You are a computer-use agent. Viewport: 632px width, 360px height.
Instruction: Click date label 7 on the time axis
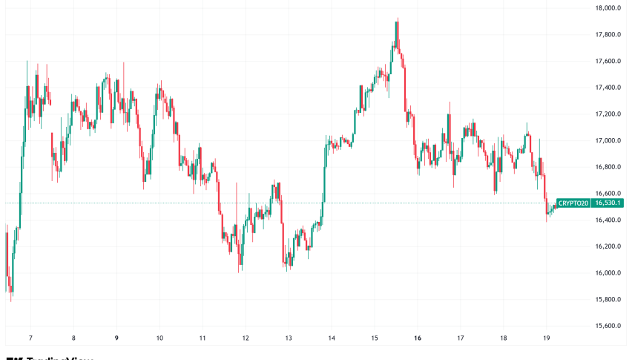coord(30,337)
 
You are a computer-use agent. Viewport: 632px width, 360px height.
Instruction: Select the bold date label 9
coord(116,337)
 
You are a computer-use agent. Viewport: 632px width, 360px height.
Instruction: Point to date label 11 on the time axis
coord(203,337)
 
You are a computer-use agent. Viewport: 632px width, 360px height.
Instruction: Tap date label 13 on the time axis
coord(289,337)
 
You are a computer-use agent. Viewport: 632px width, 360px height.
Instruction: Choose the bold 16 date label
coord(418,337)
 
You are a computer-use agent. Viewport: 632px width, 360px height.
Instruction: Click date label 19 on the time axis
coord(546,337)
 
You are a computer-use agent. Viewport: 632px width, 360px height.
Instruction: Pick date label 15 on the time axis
coord(375,337)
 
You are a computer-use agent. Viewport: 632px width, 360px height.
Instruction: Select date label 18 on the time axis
coord(504,337)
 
